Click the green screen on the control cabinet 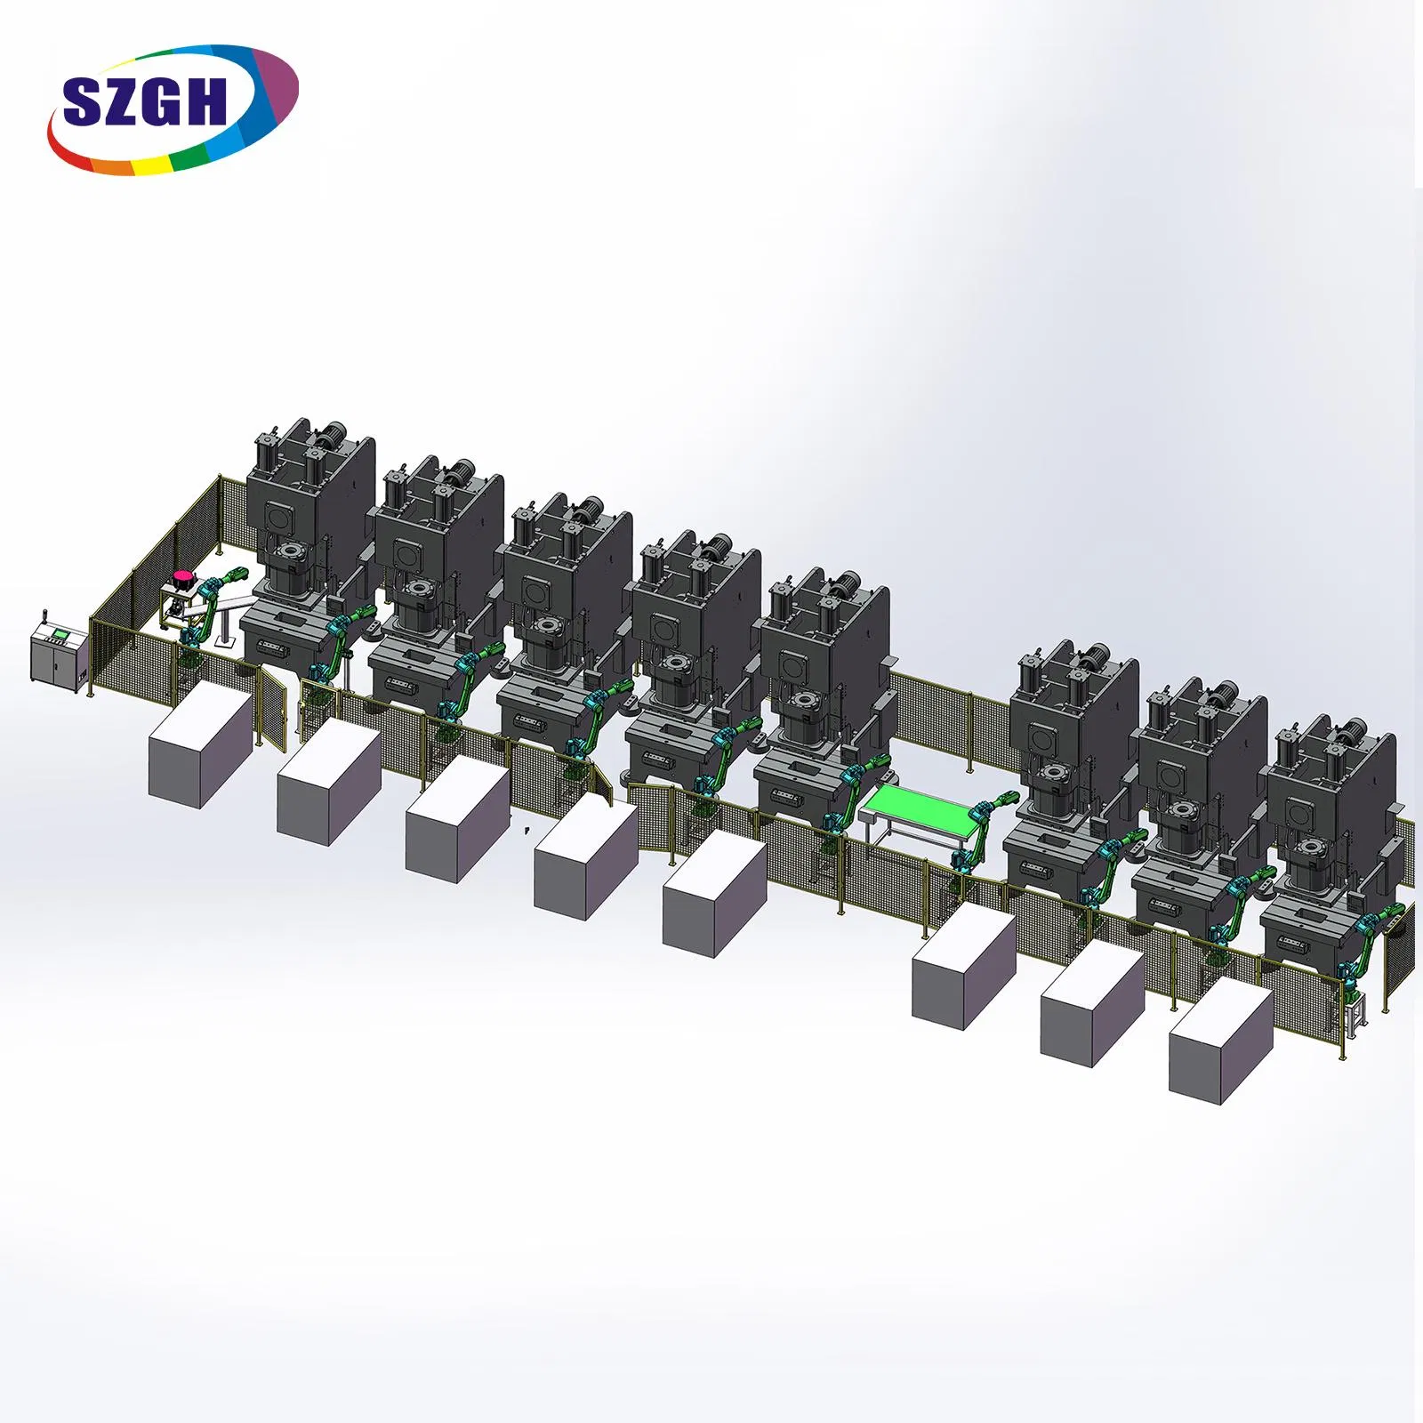tap(60, 632)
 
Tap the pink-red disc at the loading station tap(183, 579)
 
